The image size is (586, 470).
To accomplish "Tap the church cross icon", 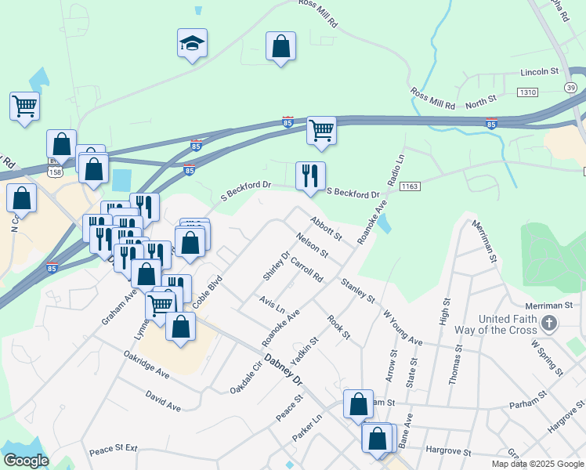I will pos(550,323).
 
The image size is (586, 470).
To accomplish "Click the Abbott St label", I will pos(326,230).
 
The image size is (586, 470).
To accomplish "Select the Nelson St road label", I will pos(312,245).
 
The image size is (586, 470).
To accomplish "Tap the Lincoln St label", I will pos(539,71).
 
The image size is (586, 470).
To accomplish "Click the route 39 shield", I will pos(570,87).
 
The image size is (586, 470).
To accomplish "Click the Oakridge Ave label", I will pos(146,362).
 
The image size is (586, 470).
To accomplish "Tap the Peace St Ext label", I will pos(113,449).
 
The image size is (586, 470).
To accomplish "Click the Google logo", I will pos(25,461).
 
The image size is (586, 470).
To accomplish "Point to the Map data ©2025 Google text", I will pos(537,464).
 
